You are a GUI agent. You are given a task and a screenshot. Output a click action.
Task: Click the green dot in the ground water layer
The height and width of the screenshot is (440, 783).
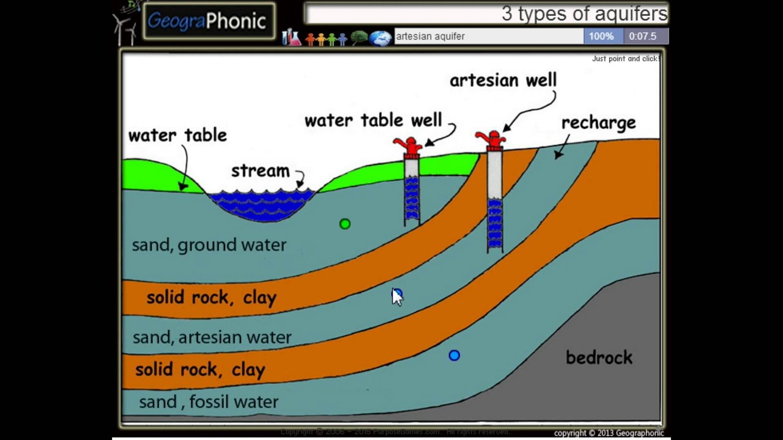coord(345,224)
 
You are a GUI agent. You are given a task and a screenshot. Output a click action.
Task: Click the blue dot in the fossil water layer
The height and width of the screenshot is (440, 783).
coord(454,355)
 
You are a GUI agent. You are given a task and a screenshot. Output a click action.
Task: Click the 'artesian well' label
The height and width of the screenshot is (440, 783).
coord(503,80)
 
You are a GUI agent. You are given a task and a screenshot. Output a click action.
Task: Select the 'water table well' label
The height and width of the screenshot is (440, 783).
coord(373,120)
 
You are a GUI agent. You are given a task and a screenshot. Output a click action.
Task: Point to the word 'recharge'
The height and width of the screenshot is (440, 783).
coord(598,123)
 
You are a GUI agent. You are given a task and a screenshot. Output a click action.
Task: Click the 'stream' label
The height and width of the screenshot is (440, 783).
coord(260,171)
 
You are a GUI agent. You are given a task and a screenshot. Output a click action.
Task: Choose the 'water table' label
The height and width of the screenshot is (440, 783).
coord(177,135)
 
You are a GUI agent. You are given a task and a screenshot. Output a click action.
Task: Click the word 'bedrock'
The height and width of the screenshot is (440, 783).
coord(599,358)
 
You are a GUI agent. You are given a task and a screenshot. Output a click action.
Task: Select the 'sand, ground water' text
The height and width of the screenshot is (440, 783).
coord(209,245)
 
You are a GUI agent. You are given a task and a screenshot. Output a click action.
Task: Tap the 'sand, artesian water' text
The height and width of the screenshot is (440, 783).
coord(212,337)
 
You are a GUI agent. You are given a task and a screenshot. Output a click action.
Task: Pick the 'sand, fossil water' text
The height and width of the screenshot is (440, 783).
coord(209,402)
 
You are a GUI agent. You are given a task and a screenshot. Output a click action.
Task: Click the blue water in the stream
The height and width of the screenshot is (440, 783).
coord(262,205)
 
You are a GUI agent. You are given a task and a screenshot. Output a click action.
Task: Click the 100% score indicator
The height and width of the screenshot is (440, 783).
coord(601,36)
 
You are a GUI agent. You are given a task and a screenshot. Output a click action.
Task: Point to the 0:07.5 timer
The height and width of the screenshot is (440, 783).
coord(642,36)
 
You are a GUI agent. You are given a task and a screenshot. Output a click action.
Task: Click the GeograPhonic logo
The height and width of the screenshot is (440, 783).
coord(208,21)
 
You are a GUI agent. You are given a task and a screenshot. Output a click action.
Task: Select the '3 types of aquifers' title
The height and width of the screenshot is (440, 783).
coord(584,13)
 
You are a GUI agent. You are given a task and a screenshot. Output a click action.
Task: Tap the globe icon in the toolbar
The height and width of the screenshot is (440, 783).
coord(380,38)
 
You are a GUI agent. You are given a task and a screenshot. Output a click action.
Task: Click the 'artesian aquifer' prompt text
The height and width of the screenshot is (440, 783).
coord(431,36)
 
